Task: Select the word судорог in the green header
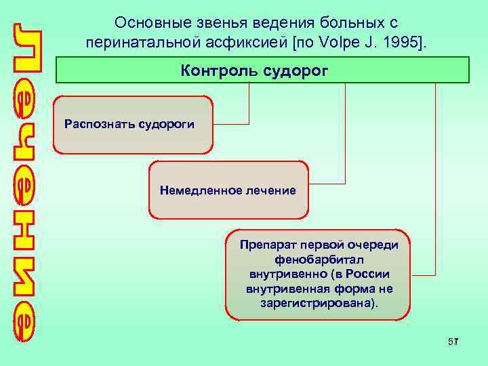coord(291,70)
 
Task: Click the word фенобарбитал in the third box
coord(318,259)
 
